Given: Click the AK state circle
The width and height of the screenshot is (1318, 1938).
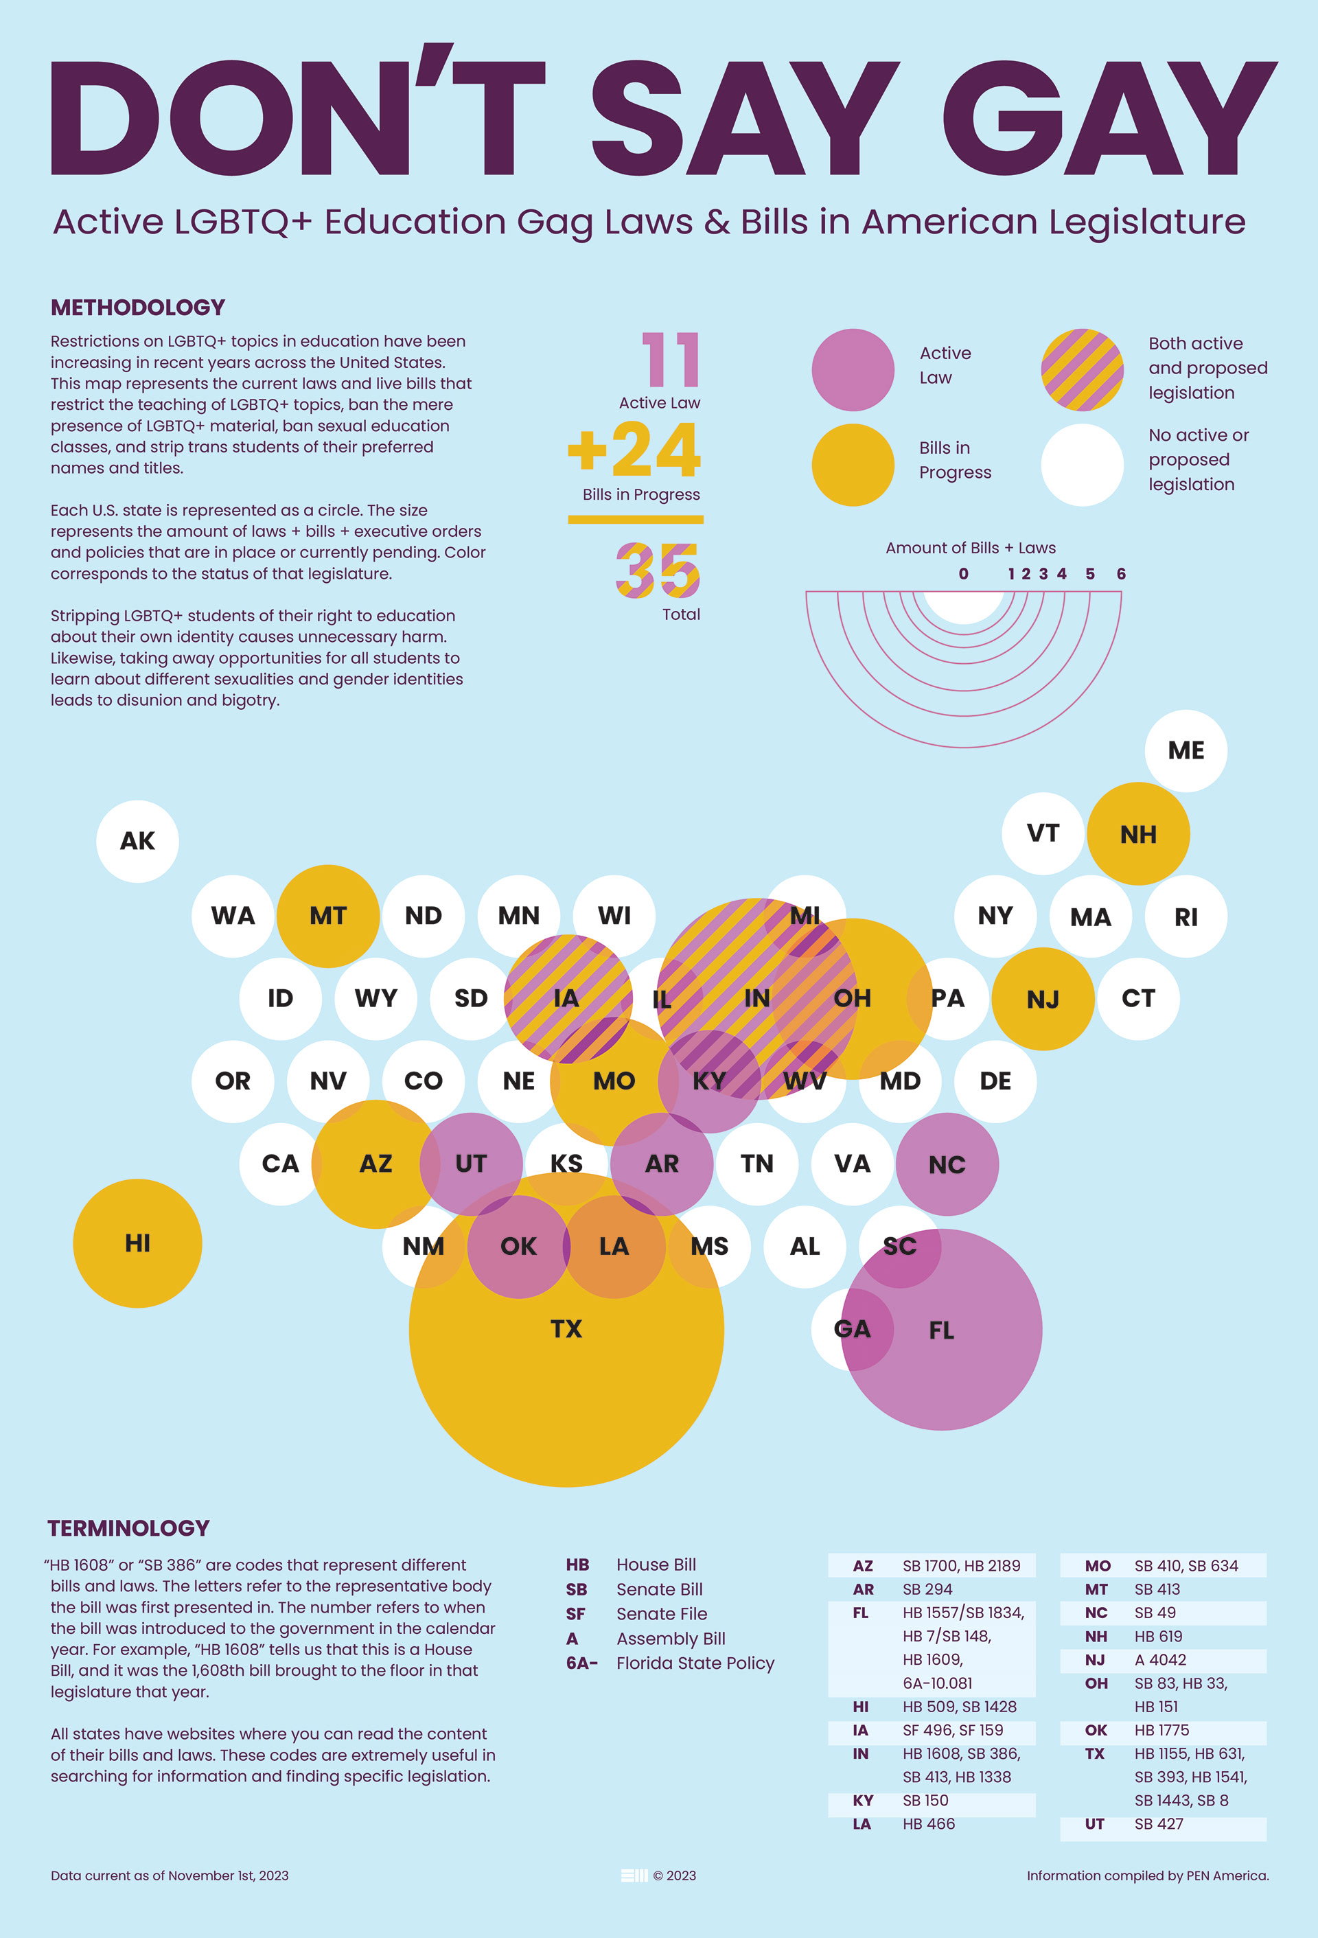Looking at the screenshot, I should pyautogui.click(x=137, y=840).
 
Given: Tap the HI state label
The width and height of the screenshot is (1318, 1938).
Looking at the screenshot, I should pyautogui.click(x=137, y=1243).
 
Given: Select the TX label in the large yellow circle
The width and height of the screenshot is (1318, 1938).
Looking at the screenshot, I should pyautogui.click(x=566, y=1328).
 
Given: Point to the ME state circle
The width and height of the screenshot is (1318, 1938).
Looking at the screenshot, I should pyautogui.click(x=1186, y=750).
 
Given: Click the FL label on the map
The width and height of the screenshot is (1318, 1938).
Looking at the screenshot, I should pyautogui.click(x=941, y=1330).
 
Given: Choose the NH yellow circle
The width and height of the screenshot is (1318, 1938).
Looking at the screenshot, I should pyautogui.click(x=1138, y=834).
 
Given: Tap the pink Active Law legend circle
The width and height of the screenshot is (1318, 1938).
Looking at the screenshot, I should pyautogui.click(x=853, y=369).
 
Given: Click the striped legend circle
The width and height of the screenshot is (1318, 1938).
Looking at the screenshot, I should pyautogui.click(x=1082, y=369).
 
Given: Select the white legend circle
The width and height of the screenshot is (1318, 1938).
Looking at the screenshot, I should pyautogui.click(x=1082, y=465).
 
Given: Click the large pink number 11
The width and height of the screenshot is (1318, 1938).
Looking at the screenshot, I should pyautogui.click(x=671, y=360).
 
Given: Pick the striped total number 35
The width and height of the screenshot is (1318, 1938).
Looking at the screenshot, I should pyautogui.click(x=658, y=571).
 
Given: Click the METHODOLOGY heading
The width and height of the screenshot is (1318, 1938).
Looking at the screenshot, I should pyautogui.click(x=137, y=308).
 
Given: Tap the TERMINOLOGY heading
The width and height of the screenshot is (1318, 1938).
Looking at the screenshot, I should pyautogui.click(x=128, y=1527).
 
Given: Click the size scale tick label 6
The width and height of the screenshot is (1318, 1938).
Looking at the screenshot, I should pyautogui.click(x=1121, y=574).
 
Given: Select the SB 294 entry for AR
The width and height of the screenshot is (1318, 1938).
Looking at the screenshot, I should pyautogui.click(x=927, y=1589).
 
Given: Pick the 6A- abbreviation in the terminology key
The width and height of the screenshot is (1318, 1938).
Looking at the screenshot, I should pyautogui.click(x=581, y=1663).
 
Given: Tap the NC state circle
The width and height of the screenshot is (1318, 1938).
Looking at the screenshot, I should pyautogui.click(x=947, y=1164).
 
